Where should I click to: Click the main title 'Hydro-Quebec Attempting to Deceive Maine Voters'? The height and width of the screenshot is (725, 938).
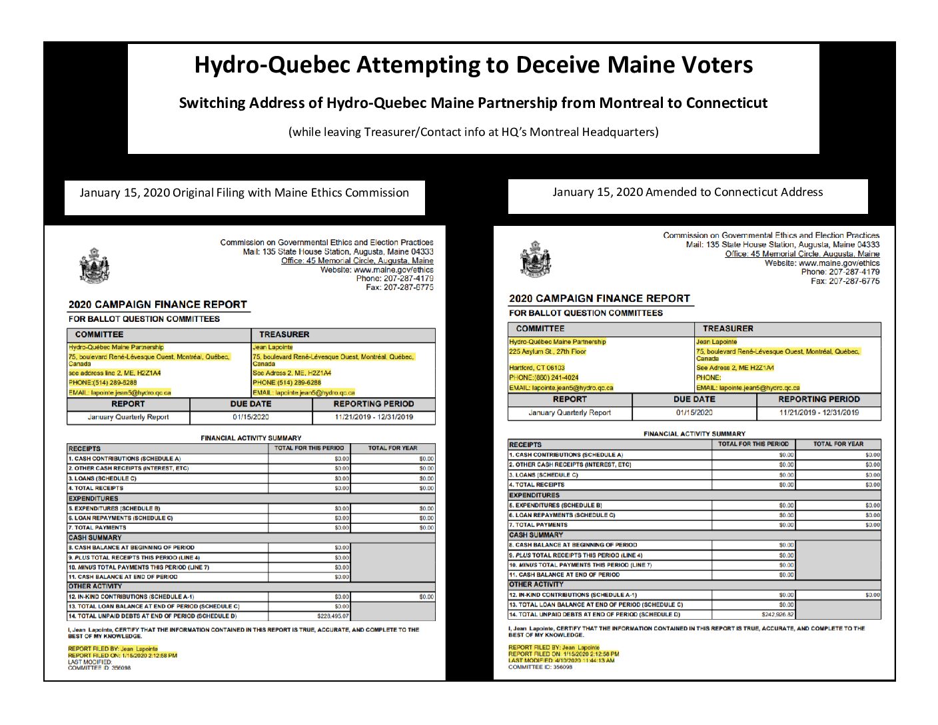(x=473, y=65)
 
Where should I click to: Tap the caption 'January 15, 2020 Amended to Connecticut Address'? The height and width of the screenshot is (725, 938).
(x=688, y=192)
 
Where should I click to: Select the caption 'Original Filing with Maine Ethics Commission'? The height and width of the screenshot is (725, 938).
(x=290, y=193)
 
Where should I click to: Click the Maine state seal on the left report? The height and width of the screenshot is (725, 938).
(x=94, y=265)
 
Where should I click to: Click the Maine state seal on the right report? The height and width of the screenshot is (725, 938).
(x=535, y=259)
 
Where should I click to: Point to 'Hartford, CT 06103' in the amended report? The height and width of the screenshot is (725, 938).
(x=537, y=367)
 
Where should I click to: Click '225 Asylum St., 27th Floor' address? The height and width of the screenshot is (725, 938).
(x=548, y=351)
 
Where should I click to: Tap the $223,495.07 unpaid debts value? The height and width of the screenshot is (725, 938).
(x=333, y=616)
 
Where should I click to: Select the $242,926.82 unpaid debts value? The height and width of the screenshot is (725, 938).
(x=777, y=614)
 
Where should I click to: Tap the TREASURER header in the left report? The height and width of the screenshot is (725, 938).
(x=284, y=335)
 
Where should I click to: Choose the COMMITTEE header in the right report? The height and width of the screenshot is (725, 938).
(x=540, y=329)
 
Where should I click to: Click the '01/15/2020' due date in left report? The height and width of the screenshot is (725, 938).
(x=251, y=417)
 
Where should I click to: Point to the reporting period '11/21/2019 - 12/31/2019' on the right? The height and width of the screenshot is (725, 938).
(x=819, y=412)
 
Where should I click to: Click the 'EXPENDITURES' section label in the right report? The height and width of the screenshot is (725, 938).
(x=534, y=495)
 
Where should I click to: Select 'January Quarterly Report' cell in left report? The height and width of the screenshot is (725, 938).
(x=128, y=417)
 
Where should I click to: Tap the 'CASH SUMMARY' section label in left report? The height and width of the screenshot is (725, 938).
(x=95, y=537)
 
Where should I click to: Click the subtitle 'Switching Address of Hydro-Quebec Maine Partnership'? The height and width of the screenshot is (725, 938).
(x=473, y=103)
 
